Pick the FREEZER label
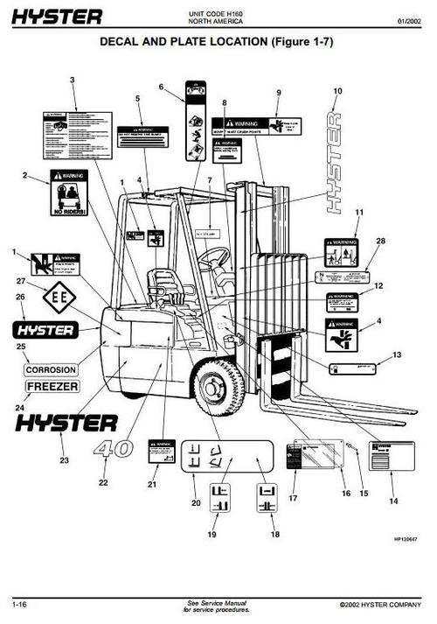[52, 386]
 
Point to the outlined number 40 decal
[114, 450]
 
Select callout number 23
[63, 459]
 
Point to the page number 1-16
[18, 605]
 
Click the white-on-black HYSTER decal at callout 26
[43, 330]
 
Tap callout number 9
[279, 93]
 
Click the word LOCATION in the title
[225, 42]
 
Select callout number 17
[294, 499]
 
